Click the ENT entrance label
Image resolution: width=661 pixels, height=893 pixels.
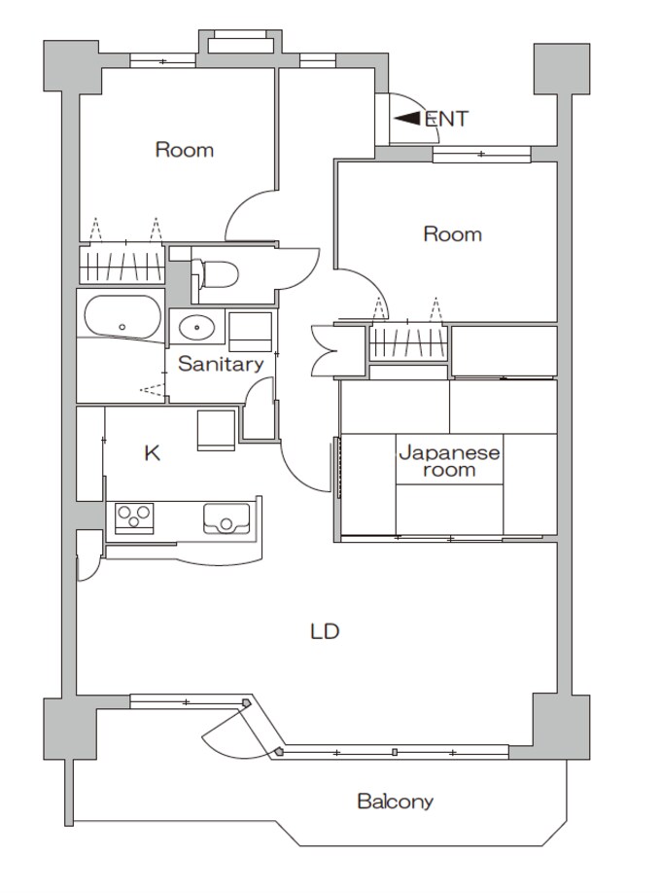click(446, 119)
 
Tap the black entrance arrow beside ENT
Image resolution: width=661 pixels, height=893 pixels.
click(407, 118)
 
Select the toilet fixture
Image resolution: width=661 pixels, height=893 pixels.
click(215, 274)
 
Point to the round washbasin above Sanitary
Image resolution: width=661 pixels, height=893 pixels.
click(196, 328)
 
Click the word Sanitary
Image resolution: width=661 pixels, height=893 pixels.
click(221, 364)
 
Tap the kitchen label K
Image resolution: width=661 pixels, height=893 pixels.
click(152, 453)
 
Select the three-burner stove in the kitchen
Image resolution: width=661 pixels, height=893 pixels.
click(134, 518)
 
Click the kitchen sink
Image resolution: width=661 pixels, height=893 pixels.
click(226, 518)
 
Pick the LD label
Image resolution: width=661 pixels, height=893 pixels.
click(325, 631)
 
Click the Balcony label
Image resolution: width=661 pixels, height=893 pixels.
click(395, 802)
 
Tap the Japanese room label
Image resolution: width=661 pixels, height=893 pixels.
click(449, 461)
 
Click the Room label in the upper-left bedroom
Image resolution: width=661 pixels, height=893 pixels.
click(185, 150)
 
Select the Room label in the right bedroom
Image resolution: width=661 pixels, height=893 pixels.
click(453, 234)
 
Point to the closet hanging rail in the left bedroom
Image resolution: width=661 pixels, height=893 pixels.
click(122, 264)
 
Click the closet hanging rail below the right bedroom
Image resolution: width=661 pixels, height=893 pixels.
click(407, 342)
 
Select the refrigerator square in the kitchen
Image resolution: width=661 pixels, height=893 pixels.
click(216, 430)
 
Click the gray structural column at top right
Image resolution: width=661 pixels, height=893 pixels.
click(561, 69)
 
